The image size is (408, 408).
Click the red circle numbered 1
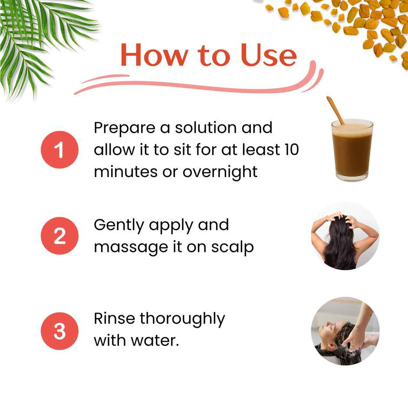coord(59,150)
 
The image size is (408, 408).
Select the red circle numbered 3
coord(59,331)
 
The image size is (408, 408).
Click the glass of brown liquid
coord(352,150)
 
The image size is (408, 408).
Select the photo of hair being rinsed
coord(345,331)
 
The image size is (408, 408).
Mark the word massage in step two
coord(129,247)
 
